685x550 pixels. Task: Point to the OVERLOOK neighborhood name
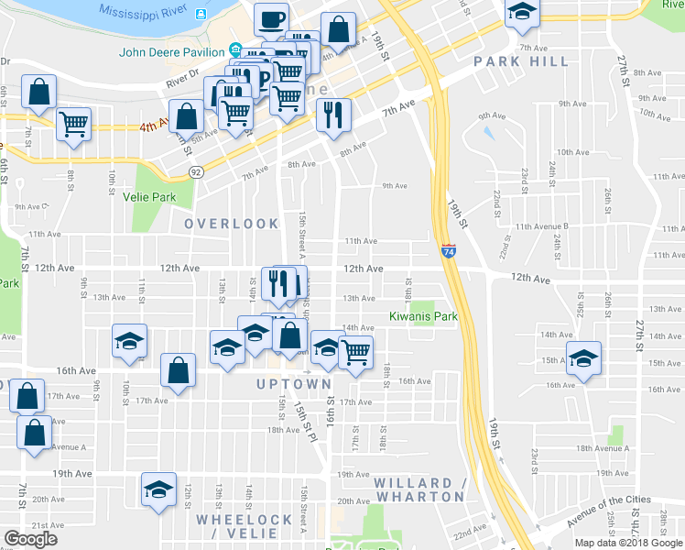tap(232, 224)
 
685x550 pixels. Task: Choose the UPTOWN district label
tap(293, 384)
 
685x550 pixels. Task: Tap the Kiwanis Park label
tap(423, 317)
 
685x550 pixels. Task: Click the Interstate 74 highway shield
tap(448, 250)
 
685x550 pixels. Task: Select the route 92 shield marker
tap(196, 171)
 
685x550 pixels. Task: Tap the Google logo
tap(31, 539)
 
